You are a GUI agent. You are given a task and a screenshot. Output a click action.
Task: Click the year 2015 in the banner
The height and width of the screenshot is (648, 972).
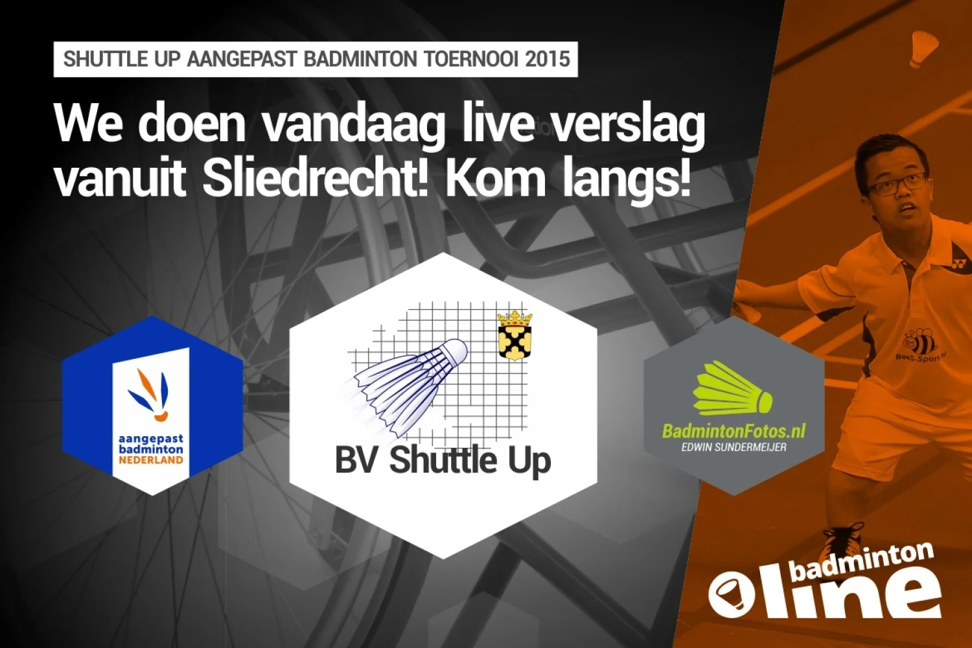pyautogui.click(x=548, y=60)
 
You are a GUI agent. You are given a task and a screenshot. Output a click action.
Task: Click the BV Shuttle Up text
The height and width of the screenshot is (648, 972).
pyautogui.click(x=443, y=460)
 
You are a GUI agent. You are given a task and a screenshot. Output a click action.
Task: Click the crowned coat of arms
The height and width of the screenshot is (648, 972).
pyautogui.click(x=515, y=335)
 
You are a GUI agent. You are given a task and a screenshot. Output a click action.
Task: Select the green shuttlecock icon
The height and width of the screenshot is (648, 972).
pyautogui.click(x=732, y=390)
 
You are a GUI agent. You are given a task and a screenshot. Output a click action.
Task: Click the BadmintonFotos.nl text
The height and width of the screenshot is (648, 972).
pyautogui.click(x=734, y=431)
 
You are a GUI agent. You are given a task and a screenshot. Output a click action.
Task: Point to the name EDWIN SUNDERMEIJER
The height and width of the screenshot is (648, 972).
pyautogui.click(x=734, y=447)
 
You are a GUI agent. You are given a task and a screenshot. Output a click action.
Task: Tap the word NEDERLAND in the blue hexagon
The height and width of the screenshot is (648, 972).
pyautogui.click(x=151, y=460)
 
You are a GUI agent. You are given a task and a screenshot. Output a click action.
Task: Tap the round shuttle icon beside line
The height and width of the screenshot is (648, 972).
pyautogui.click(x=731, y=594)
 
